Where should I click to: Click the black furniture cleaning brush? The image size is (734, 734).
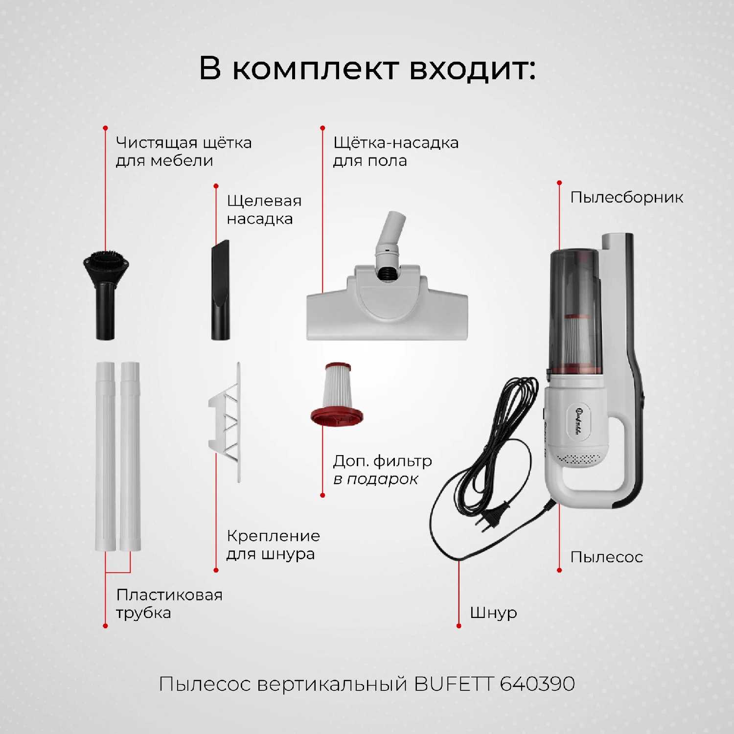tap(105, 294)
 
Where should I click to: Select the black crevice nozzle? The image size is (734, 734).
tap(220, 291)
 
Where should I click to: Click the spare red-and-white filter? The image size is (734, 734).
tap(337, 394)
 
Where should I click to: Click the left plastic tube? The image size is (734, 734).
tap(105, 455)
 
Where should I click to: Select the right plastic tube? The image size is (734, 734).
tap(131, 455)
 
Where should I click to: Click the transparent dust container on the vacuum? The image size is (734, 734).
tap(575, 308)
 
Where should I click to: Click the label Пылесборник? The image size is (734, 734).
tap(626, 198)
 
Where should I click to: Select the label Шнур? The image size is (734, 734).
tap(493, 613)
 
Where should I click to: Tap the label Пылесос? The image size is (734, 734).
tap(606, 557)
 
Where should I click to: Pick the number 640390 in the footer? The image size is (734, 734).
tap(537, 684)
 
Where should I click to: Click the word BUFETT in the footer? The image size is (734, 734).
tap(454, 684)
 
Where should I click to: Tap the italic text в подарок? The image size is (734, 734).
tap(375, 479)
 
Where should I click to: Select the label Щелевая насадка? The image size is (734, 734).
tap(264, 209)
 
